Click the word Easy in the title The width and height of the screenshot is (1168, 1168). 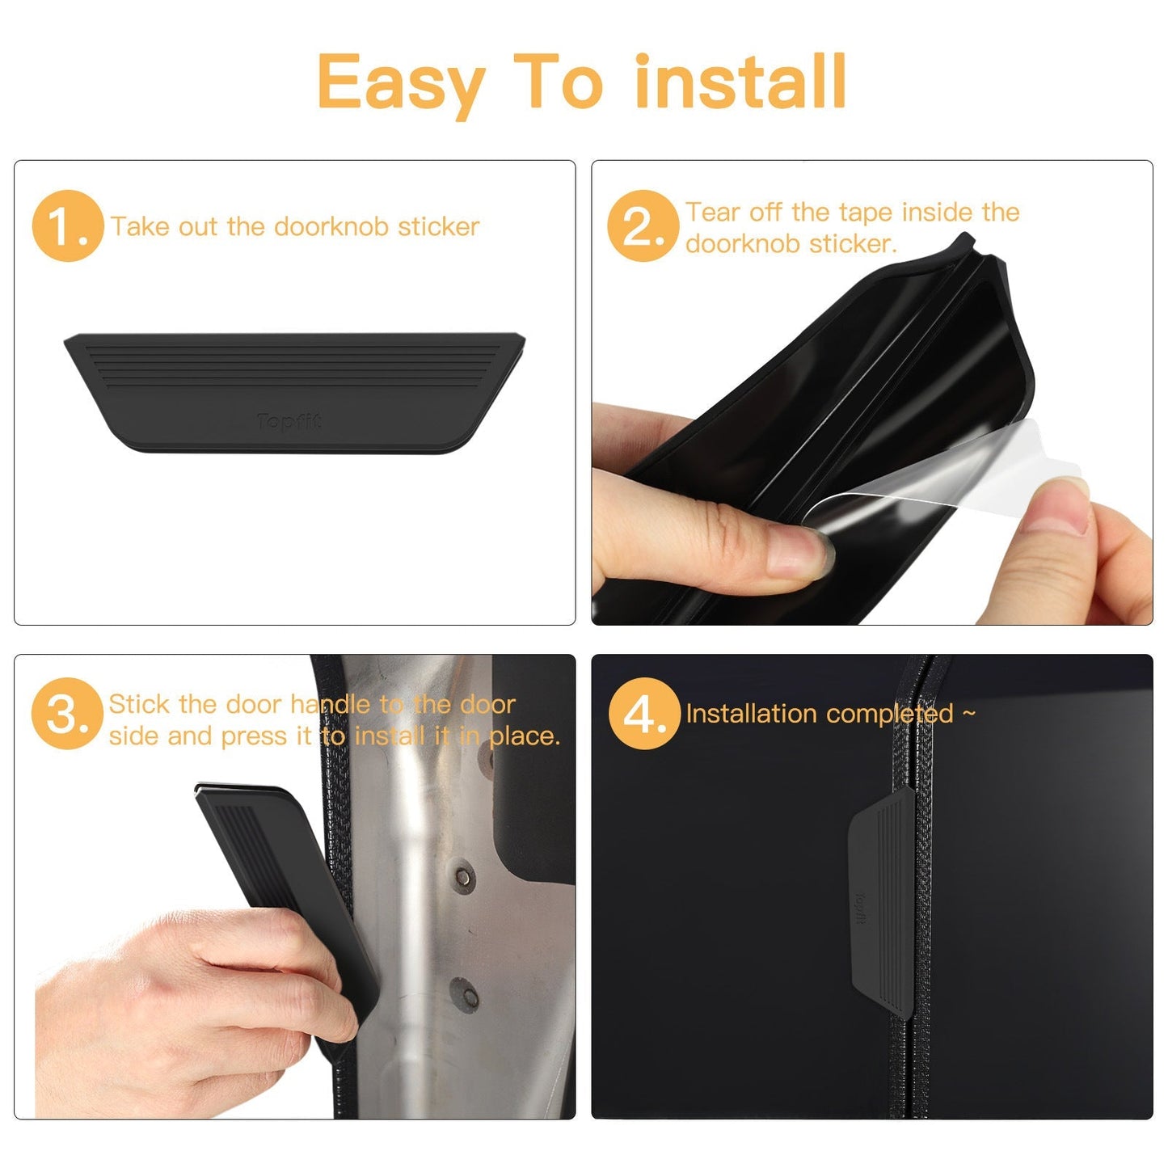pos(400,83)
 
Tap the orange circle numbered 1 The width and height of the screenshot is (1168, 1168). pos(68,226)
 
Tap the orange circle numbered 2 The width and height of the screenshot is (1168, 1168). pos(643,226)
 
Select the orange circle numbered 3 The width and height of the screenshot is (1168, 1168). pos(67,714)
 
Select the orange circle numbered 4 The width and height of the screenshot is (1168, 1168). pos(644,714)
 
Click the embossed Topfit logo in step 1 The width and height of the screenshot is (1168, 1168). pos(289,421)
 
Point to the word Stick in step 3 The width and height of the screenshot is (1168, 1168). pos(139,704)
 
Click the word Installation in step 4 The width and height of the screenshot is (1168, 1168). pos(750,714)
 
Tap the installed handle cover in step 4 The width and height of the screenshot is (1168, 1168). pos(882,897)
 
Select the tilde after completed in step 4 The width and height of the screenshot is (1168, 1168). pos(968,713)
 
